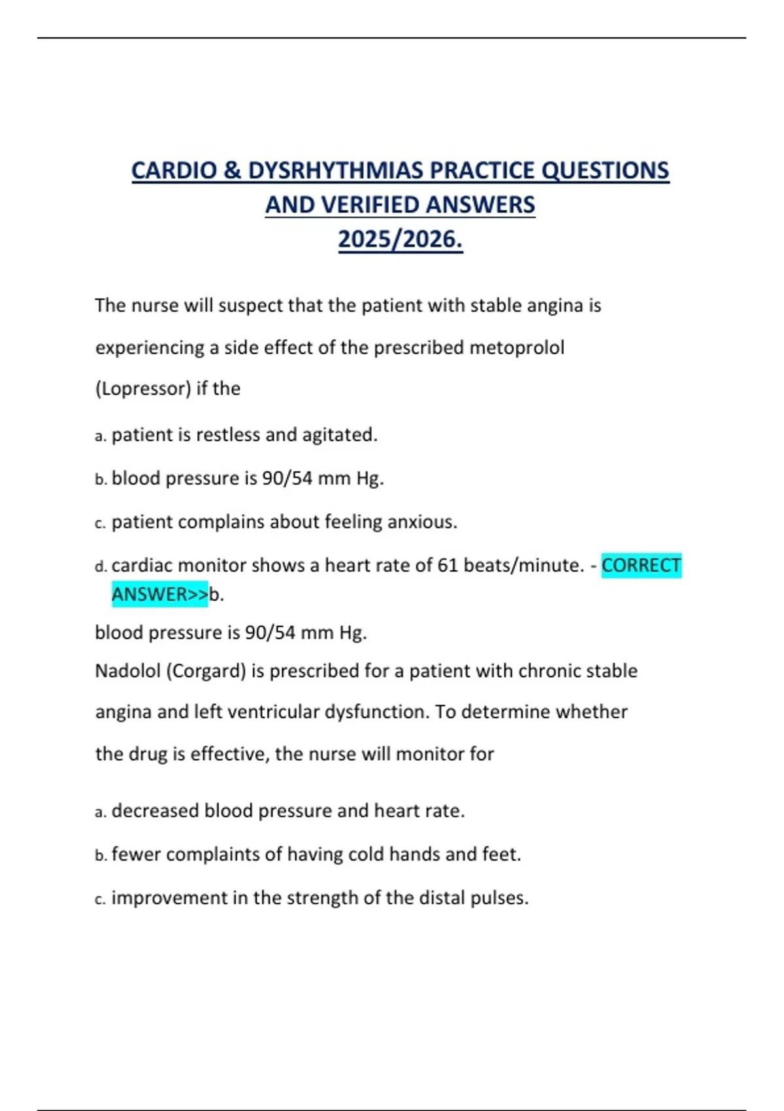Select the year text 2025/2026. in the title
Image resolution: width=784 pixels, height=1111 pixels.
tap(400, 239)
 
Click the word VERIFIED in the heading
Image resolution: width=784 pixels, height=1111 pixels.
tap(370, 205)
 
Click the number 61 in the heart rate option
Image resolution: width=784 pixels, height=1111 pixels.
tap(448, 565)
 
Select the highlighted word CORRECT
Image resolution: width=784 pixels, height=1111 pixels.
tap(641, 565)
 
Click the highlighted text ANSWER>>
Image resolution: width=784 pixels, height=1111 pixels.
tap(159, 594)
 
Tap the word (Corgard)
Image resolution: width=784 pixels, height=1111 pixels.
tap(206, 671)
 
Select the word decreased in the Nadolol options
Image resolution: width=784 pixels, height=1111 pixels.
tap(155, 811)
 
